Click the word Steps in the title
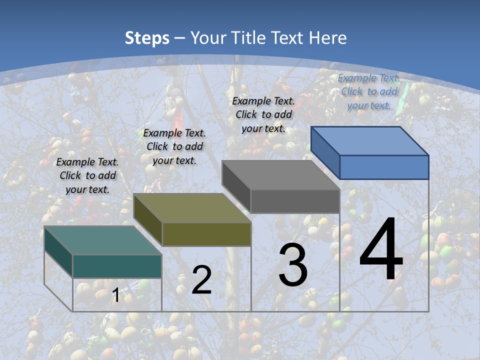point(147,38)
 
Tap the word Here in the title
point(327,38)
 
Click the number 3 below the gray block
point(293,265)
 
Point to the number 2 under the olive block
point(201,280)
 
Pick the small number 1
point(115,295)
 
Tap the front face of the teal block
point(117,266)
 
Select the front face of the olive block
point(206,234)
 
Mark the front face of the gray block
point(295,201)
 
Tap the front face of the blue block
point(384,167)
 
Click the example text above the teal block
point(87,175)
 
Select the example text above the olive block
point(174,146)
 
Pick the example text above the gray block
point(263,114)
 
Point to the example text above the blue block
point(369,91)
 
